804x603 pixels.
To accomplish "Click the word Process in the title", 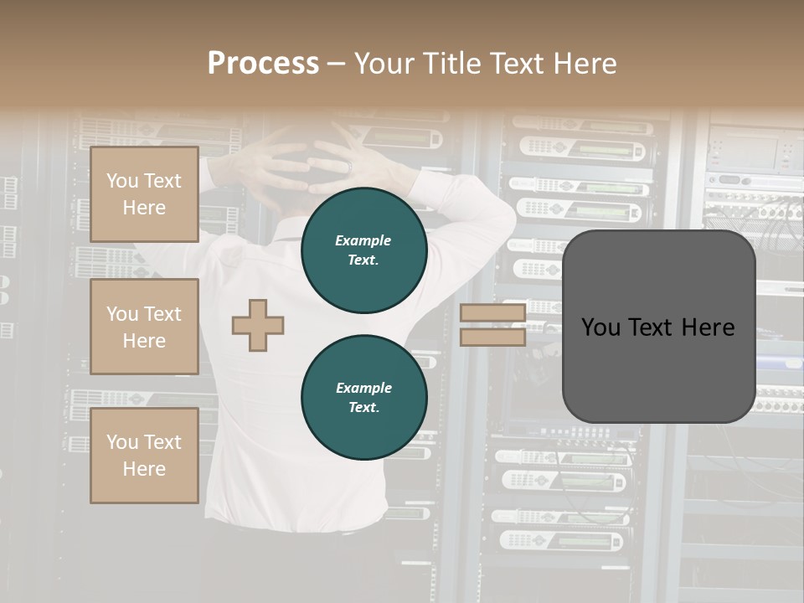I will (x=263, y=64).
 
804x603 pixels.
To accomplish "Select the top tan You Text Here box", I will (x=144, y=194).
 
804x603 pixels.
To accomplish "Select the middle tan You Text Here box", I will (x=144, y=327).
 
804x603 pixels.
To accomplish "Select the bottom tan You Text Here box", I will (x=144, y=456).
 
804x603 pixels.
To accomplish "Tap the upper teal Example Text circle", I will (x=363, y=250).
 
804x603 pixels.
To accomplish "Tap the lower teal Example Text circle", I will (x=363, y=398).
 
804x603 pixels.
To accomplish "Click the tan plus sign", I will (x=258, y=325).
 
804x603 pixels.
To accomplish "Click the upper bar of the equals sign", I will (x=492, y=313).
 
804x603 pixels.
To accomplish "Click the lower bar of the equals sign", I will (x=492, y=337).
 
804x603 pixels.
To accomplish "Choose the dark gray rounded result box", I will (x=658, y=327).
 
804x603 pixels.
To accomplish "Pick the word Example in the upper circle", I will (x=363, y=240).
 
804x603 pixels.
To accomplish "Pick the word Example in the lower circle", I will (x=363, y=388).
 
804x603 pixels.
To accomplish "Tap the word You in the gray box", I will (x=601, y=327).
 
